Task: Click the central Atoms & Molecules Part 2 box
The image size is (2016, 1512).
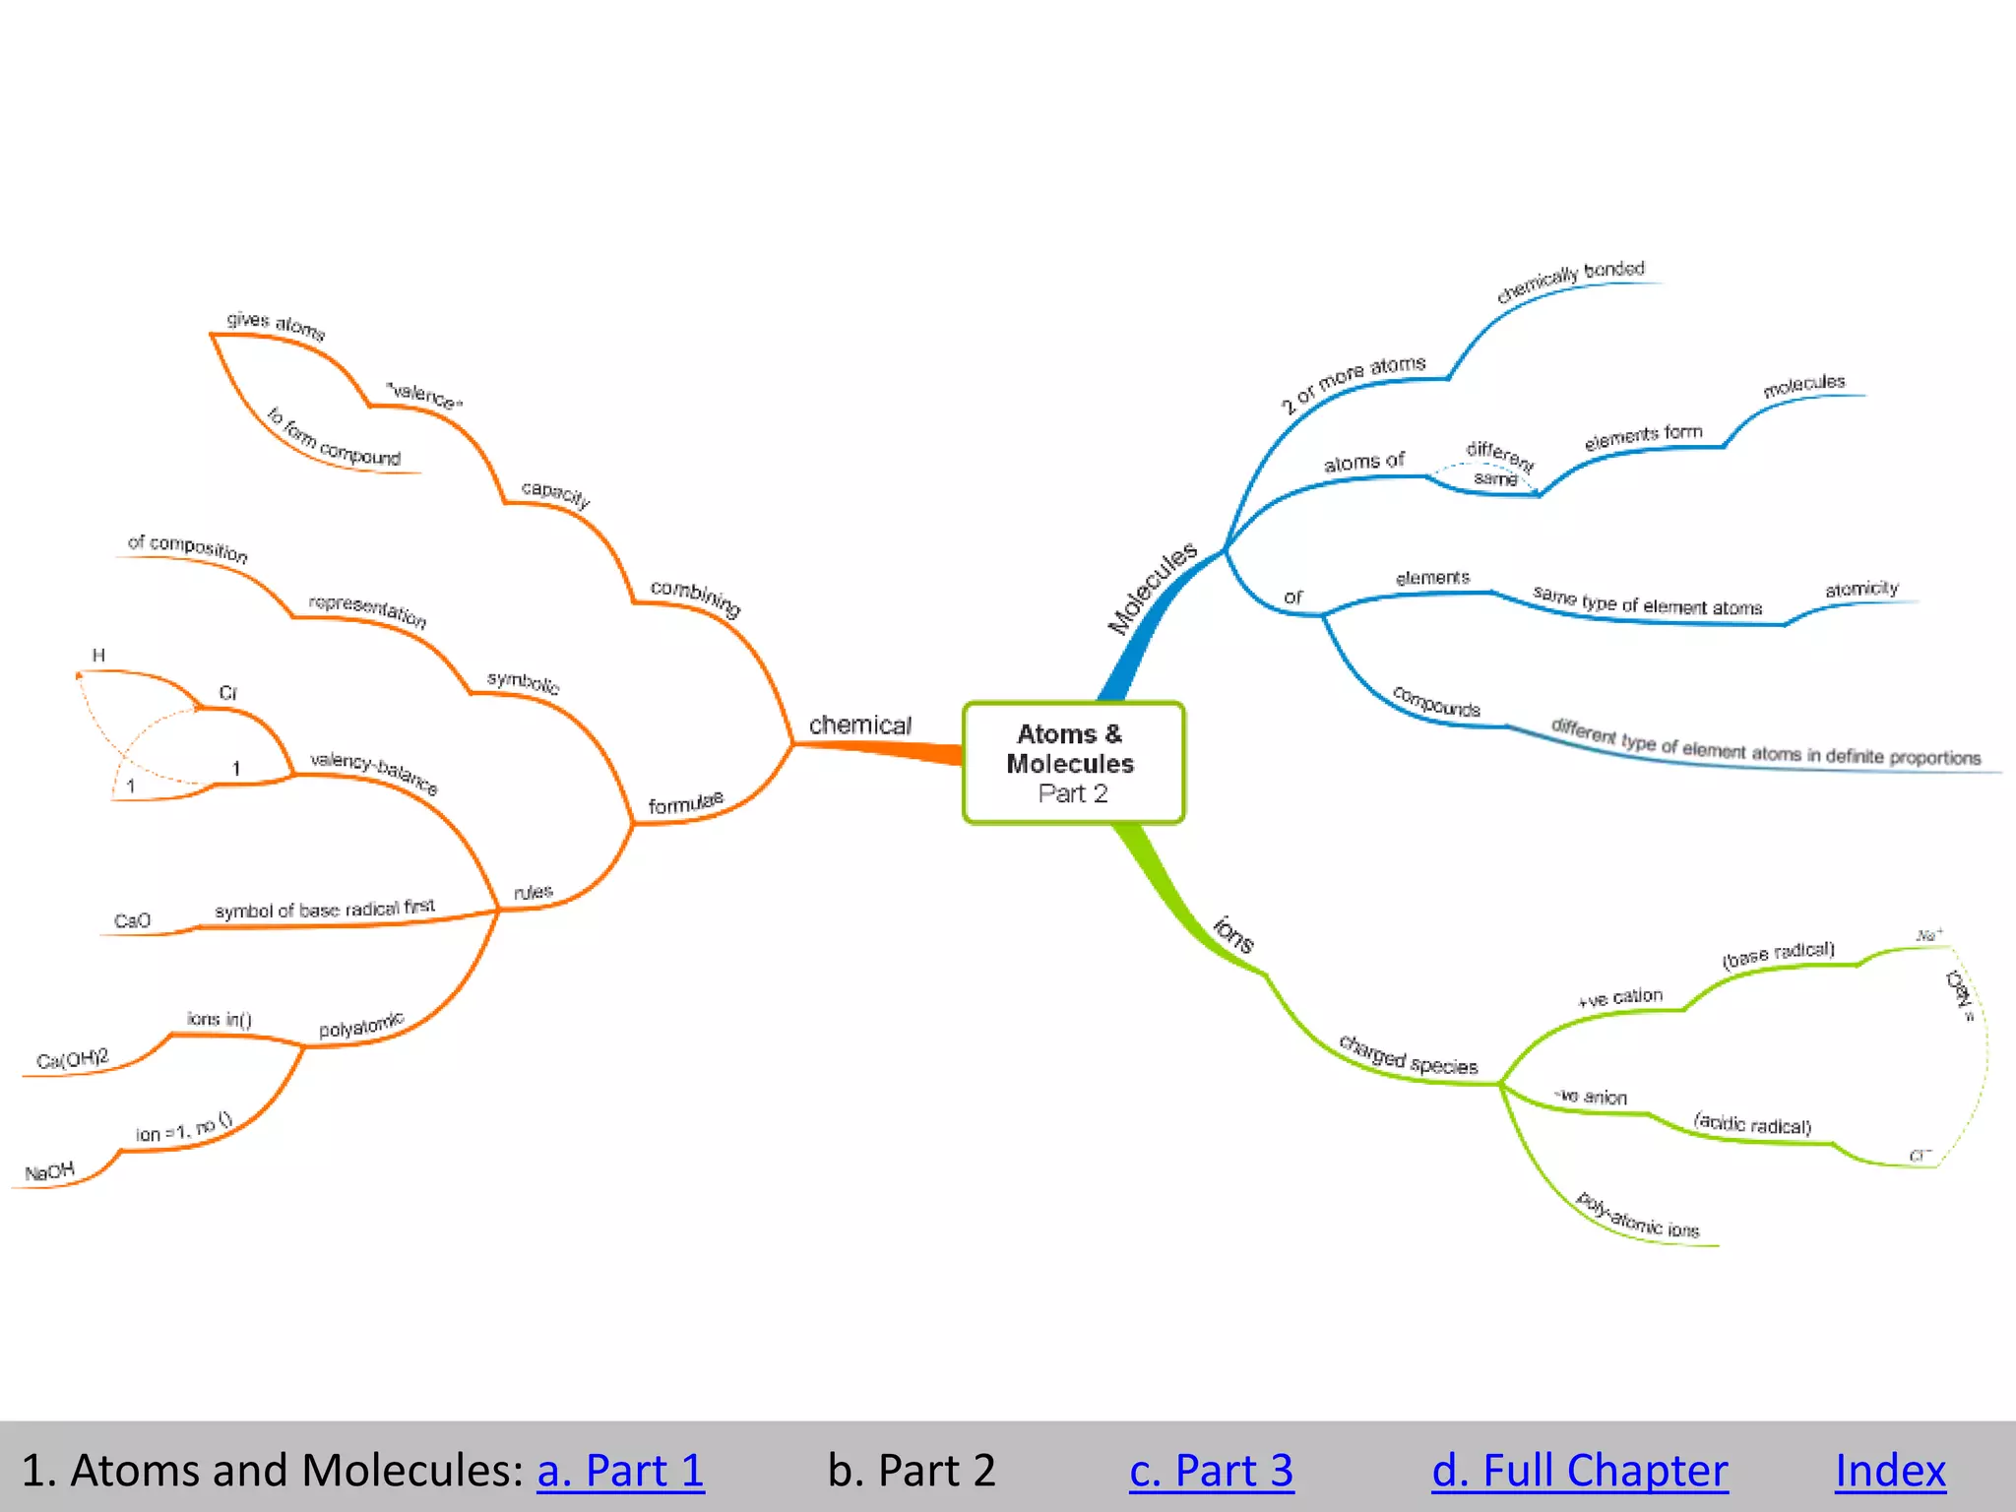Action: point(1073,763)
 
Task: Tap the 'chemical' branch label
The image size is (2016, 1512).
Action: point(859,725)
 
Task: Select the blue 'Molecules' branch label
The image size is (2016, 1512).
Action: point(1152,588)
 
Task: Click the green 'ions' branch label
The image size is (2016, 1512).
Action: point(1233,934)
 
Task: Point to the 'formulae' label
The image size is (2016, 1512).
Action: point(685,803)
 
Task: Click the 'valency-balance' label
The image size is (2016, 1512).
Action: point(373,773)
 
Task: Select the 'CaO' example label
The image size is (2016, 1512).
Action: point(132,921)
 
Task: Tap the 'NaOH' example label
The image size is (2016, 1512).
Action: point(49,1172)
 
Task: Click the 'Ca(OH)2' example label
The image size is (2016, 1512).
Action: point(72,1059)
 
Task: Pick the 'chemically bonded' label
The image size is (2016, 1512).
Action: point(1570,282)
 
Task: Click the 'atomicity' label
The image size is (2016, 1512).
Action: point(1860,589)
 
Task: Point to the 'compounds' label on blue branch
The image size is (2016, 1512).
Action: point(1436,702)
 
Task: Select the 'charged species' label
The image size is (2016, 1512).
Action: point(1408,1056)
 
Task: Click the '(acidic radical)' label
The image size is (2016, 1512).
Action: point(1752,1123)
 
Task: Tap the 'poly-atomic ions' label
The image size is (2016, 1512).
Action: point(1637,1217)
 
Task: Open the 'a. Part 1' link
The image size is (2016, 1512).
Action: point(620,1471)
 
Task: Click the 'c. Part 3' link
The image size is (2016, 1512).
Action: point(1211,1471)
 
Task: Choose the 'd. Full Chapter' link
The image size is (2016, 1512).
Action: point(1579,1471)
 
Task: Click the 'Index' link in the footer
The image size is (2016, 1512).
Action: point(1890,1471)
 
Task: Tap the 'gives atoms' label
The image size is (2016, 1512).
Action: point(276,324)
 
